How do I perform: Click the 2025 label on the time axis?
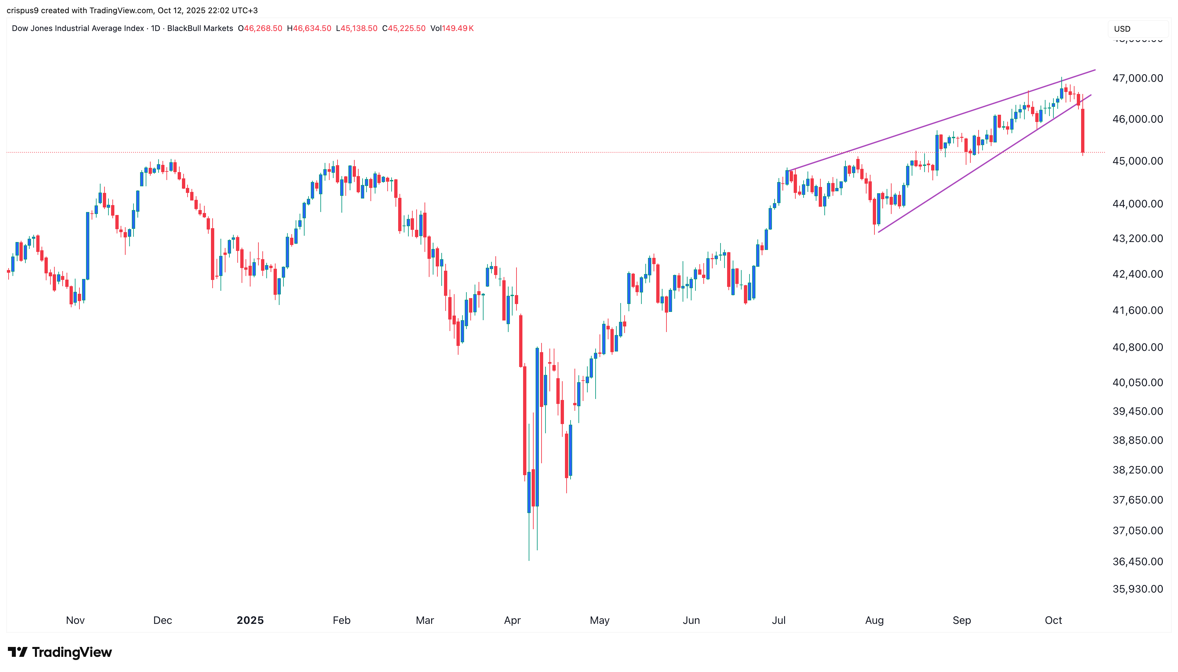pyautogui.click(x=250, y=620)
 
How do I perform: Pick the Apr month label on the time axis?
pyautogui.click(x=512, y=620)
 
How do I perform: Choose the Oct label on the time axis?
pyautogui.click(x=1053, y=620)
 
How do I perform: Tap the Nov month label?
pyautogui.click(x=75, y=620)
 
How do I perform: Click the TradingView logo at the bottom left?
pyautogui.click(x=60, y=652)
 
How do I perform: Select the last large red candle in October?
pyautogui.click(x=1082, y=131)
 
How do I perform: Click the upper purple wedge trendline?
pyautogui.click(x=941, y=121)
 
